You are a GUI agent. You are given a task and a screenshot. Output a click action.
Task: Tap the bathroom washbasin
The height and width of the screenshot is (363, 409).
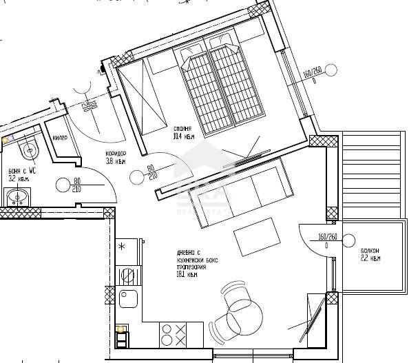tap(17, 198)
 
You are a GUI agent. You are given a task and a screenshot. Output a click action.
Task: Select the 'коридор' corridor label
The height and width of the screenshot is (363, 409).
tap(115, 154)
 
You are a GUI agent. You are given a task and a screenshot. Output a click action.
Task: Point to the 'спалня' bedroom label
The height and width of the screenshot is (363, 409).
tap(182, 129)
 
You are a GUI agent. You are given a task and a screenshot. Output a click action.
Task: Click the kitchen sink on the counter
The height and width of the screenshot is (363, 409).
tap(129, 299)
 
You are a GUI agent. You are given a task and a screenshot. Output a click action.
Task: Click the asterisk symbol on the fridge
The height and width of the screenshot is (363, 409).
tap(122, 245)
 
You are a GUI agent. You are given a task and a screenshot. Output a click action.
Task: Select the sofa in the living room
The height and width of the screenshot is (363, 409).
tap(242, 191)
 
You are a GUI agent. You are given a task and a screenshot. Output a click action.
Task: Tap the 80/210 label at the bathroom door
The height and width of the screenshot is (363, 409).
tap(76, 187)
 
